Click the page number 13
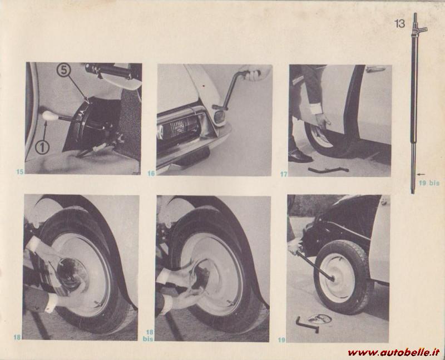tap(399, 23)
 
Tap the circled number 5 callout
tap(63, 70)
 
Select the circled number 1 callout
tap(42, 147)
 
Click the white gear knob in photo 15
tap(50, 116)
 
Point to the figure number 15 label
tap(20, 171)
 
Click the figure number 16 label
tap(151, 173)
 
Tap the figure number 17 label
tap(284, 174)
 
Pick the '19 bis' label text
tap(429, 183)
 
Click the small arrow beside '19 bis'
tap(422, 174)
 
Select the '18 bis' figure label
tap(148, 336)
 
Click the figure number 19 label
tap(281, 340)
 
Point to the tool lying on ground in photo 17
tap(328, 170)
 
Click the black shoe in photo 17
tap(299, 156)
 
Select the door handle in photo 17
tap(375, 68)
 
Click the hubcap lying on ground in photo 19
tap(320, 319)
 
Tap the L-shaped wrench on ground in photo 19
tap(306, 325)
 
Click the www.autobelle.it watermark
tap(393, 353)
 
